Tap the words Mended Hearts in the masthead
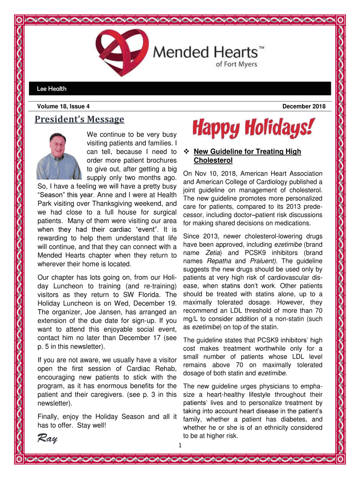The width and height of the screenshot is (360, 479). tap(206, 51)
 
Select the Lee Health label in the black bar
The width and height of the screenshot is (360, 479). tap(51, 88)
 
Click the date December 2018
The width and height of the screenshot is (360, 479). tap(304, 107)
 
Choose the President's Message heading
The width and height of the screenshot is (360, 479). tap(79, 120)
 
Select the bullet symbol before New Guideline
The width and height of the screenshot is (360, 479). tap(186, 152)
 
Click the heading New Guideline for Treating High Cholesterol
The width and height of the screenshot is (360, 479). tap(247, 156)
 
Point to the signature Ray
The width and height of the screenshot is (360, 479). tap(47, 439)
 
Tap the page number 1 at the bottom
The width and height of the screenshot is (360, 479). tap(180, 445)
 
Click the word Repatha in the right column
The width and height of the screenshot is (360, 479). tap(219, 261)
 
